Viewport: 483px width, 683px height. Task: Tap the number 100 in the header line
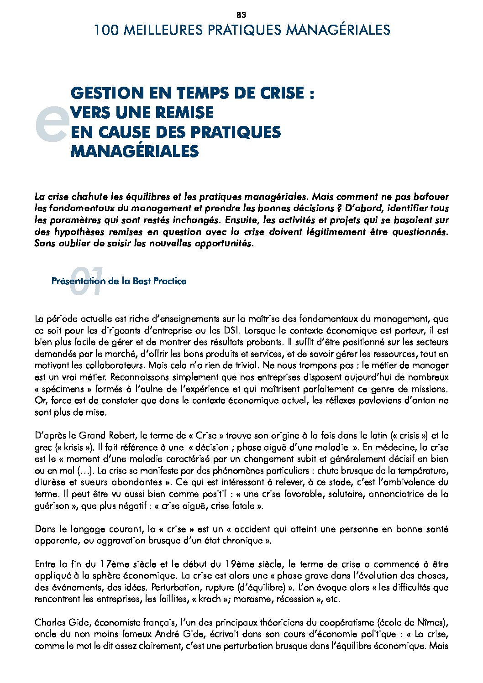(x=106, y=30)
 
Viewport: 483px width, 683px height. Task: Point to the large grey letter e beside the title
(x=51, y=124)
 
